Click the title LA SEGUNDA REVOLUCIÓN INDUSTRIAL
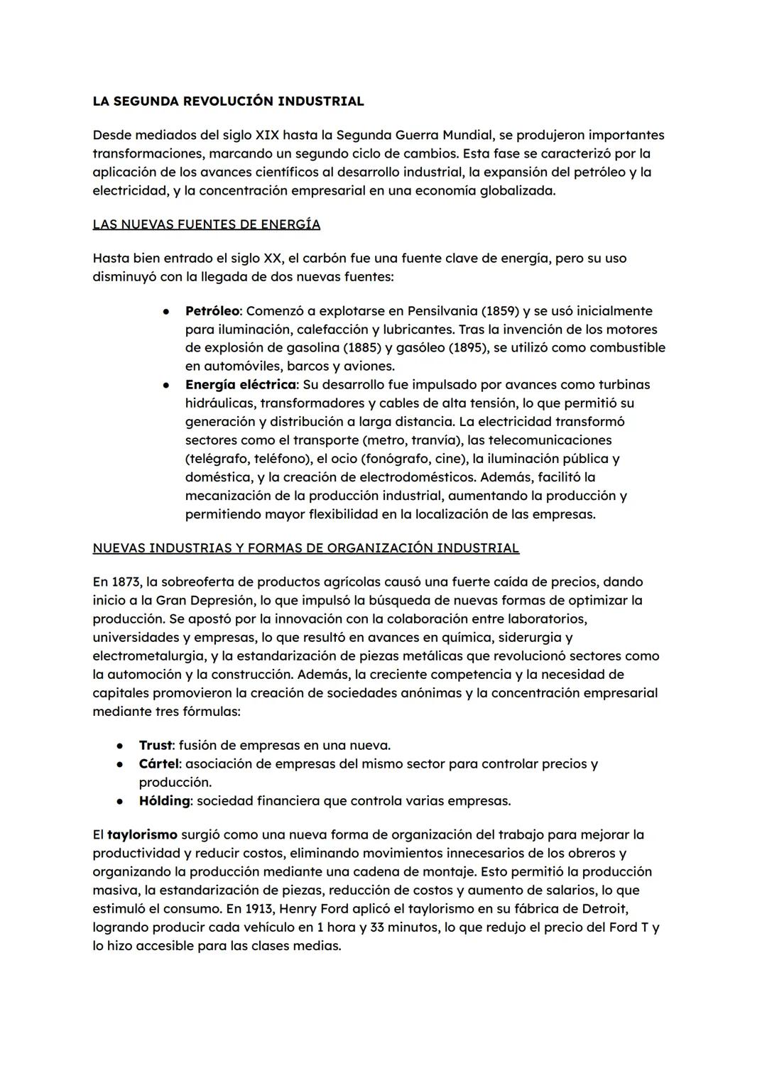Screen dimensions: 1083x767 [228, 101]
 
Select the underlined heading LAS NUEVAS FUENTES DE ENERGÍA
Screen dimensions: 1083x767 [206, 224]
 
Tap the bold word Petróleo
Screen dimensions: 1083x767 [212, 311]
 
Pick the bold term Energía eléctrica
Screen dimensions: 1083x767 [240, 385]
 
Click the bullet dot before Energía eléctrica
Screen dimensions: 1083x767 [165, 385]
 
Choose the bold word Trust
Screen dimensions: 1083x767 [155, 746]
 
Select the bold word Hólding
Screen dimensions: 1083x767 [164, 801]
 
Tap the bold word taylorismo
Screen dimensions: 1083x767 [142, 835]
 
